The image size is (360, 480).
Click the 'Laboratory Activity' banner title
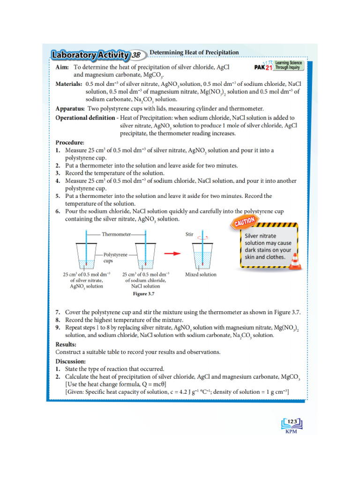click(90, 55)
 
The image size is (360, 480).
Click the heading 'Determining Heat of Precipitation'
click(194, 52)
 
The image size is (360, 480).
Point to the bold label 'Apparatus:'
click(70, 108)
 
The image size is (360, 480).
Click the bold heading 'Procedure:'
click(70, 142)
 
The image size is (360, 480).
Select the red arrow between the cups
click(174, 253)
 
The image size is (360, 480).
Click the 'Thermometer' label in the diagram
click(116, 233)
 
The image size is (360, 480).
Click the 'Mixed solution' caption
click(201, 275)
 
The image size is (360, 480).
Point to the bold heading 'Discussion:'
click(71, 361)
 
